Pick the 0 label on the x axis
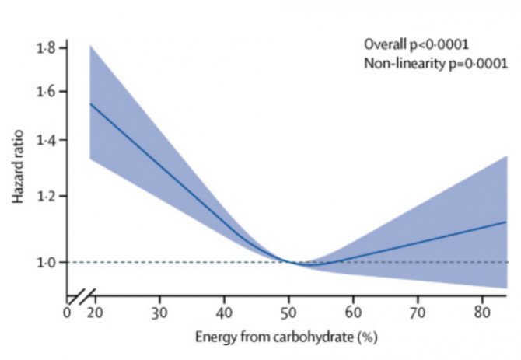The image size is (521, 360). coord(67,313)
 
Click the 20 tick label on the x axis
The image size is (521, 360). coord(94,313)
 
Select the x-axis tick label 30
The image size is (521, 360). coord(159,313)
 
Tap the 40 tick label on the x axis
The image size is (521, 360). coord(224,313)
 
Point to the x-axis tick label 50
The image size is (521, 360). coord(288,313)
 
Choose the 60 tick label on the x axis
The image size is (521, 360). coord(353,313)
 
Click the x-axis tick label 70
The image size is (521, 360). coord(418,313)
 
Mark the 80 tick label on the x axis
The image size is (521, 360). coord(482,313)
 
